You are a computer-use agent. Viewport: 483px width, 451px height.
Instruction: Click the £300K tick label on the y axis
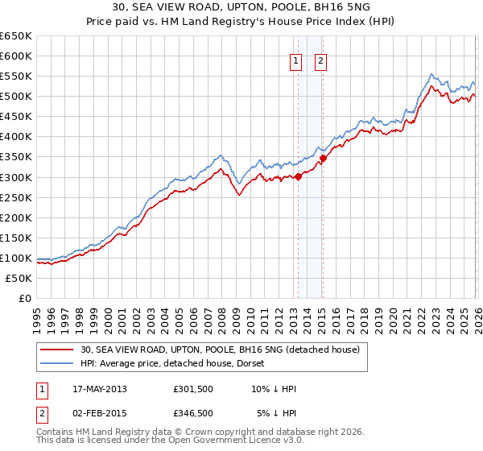coord(15,177)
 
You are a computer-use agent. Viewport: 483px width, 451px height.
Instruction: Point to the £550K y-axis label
coord(15,76)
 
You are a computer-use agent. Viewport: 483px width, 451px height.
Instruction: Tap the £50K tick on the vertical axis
coord(19,278)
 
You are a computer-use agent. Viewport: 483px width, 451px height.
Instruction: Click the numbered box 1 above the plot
coord(295,61)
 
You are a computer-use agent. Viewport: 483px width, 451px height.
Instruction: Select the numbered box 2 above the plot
coord(320,61)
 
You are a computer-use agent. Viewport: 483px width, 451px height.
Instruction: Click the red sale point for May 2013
coord(298,176)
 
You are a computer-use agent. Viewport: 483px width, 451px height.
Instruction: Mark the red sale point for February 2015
coord(322,158)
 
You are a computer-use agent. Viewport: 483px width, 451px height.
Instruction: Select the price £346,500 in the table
coord(193,413)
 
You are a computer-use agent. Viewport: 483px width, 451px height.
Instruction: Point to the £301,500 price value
coord(193,389)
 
